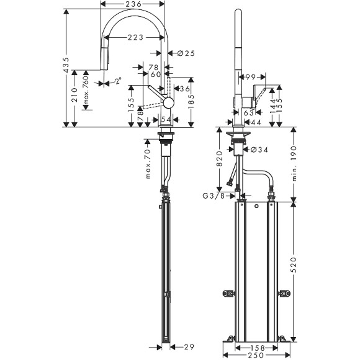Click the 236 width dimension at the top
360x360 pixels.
[133, 5]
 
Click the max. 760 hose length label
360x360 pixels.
[86, 91]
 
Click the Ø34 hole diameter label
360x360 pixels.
[260, 149]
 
